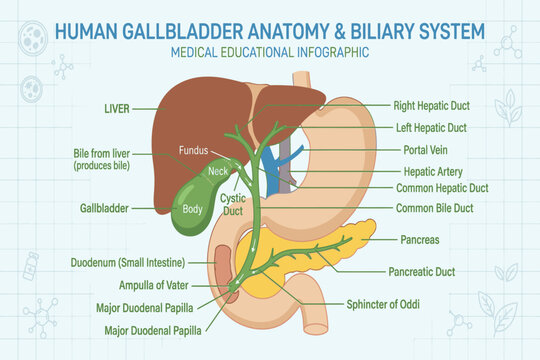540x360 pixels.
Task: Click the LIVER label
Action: coord(117,109)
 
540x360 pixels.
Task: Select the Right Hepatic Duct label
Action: coord(432,105)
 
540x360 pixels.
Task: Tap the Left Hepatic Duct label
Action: coord(431,128)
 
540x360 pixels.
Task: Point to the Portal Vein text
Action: coord(425,150)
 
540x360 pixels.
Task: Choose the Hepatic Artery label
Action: coord(433,172)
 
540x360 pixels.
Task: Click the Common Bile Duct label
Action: coord(435,208)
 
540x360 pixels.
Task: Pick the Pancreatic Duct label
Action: coord(422,272)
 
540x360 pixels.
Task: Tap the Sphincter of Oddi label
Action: coord(383,305)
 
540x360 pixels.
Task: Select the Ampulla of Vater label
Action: coord(154,285)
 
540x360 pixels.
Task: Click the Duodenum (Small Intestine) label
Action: coord(128,263)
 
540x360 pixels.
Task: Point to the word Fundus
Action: coord(194,150)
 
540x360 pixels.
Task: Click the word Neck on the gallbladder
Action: coord(218,171)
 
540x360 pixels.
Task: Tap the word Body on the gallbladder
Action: coord(192,209)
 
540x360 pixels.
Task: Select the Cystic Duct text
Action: coord(233,205)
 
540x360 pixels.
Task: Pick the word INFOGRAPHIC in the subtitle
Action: coord(333,52)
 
